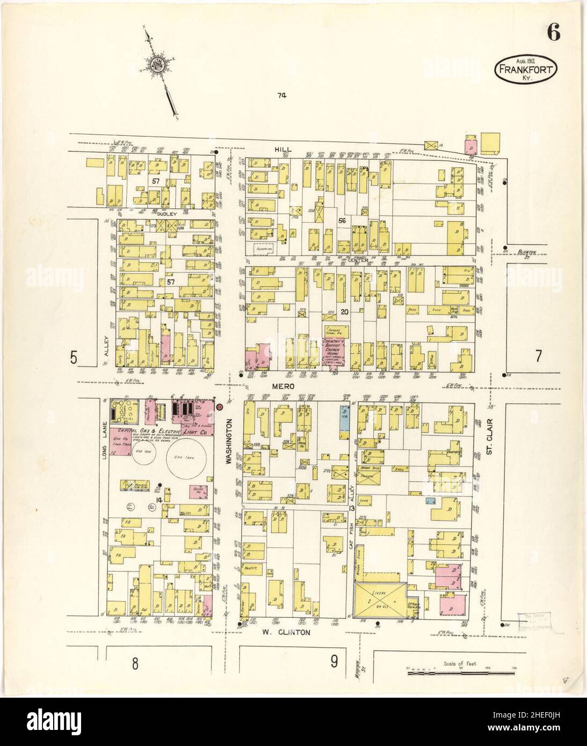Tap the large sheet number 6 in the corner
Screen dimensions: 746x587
[554, 33]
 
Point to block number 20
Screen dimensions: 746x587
[344, 312]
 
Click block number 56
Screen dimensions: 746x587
[342, 221]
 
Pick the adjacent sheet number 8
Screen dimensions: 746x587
[135, 664]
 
